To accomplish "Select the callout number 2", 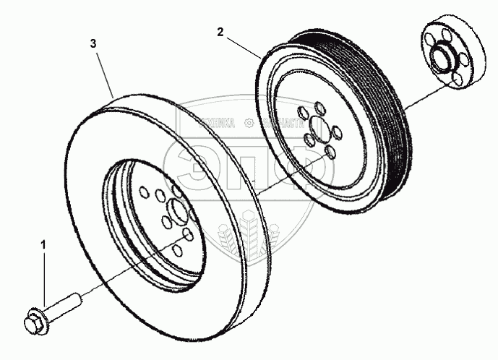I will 220,31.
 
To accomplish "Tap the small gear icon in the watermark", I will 249,122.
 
